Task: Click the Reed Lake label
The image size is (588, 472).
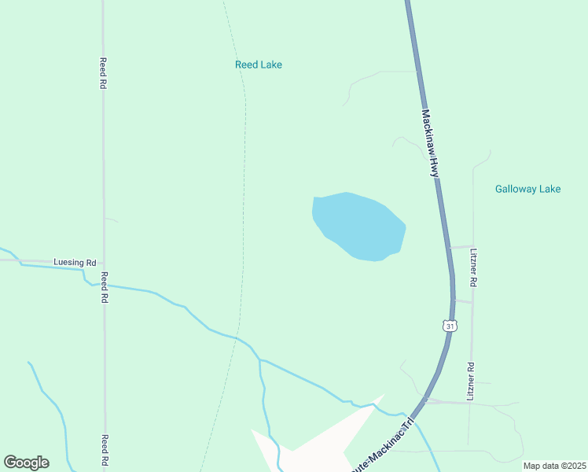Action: [x=258, y=65]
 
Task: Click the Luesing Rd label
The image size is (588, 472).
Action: [x=74, y=262]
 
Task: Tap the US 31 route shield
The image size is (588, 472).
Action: [x=448, y=325]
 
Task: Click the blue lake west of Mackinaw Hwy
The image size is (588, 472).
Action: [x=358, y=224]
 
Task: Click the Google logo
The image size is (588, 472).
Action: [x=26, y=463]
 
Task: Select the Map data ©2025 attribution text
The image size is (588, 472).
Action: [x=553, y=466]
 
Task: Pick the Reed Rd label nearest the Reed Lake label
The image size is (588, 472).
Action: [x=103, y=72]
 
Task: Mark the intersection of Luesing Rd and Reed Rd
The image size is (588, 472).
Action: [x=104, y=262]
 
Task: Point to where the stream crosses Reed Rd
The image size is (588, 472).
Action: [x=104, y=285]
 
